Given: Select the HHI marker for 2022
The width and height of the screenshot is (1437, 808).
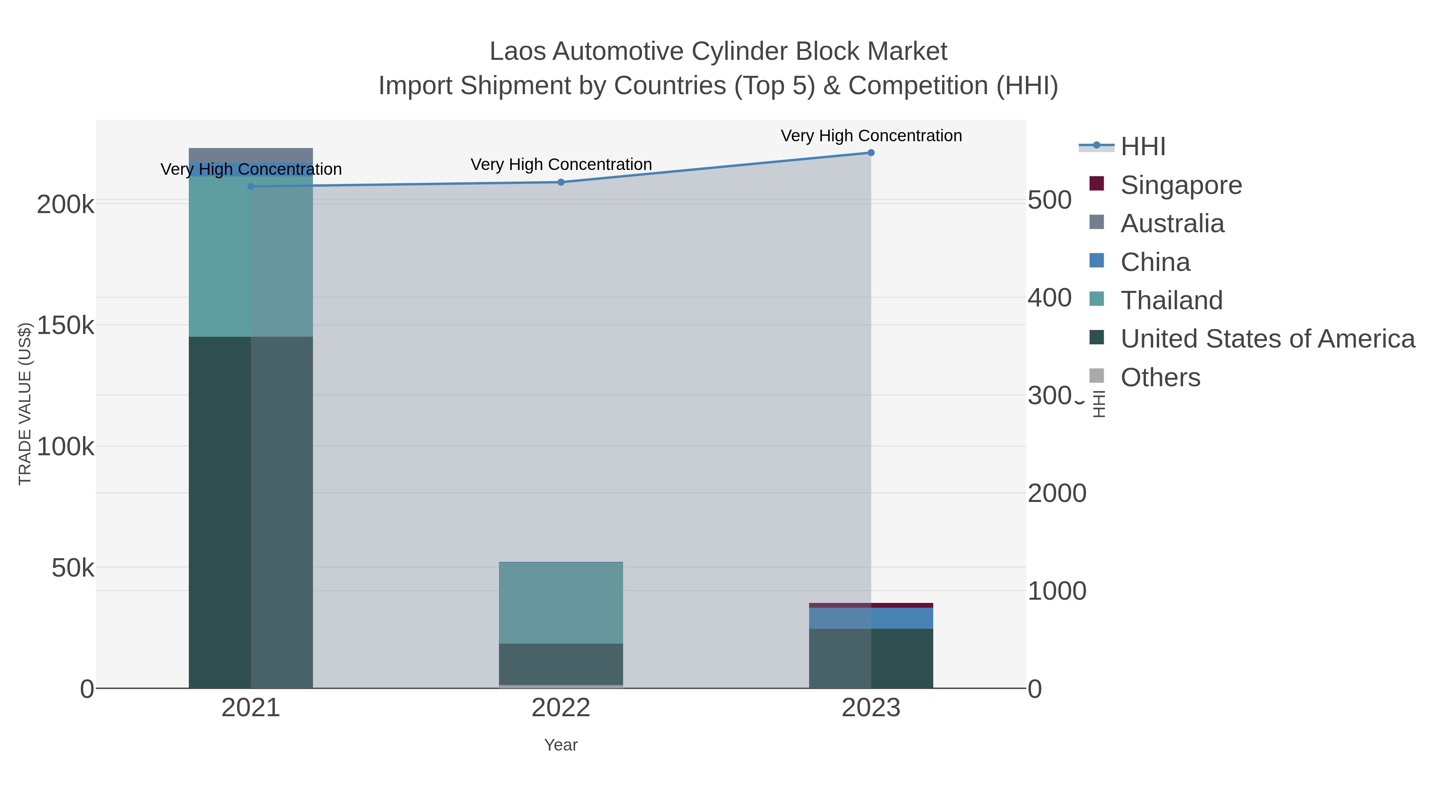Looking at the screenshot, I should tap(561, 182).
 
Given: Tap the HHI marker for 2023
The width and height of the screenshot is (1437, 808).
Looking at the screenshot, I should tap(871, 153).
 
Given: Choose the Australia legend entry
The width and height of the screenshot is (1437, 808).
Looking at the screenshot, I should tap(1172, 223).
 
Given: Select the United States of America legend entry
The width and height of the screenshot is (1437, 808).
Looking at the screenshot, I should tap(1267, 339).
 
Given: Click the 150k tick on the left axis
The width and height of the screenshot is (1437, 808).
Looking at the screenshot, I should tap(66, 326).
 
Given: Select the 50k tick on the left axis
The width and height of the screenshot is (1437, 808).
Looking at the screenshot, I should tap(73, 568).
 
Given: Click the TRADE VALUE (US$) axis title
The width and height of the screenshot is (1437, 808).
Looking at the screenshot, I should tap(25, 404).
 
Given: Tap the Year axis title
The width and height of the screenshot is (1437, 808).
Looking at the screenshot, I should tap(561, 745).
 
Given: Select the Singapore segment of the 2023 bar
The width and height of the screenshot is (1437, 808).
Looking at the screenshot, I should tap(871, 605).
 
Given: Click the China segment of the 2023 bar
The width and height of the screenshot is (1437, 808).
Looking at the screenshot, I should tap(871, 618).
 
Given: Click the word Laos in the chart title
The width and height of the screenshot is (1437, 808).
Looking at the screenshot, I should tap(518, 52).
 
